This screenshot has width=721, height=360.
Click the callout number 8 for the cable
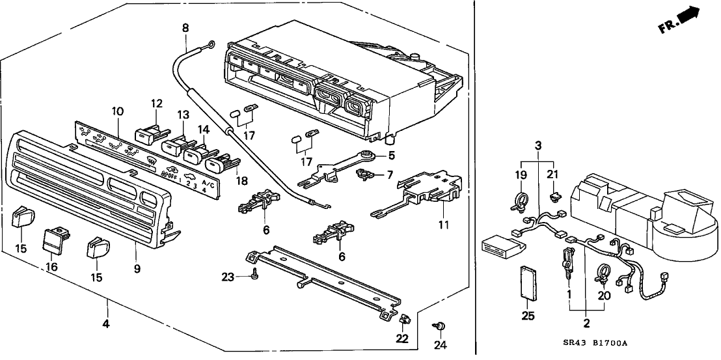185,28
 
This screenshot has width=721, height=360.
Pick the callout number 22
402,339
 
